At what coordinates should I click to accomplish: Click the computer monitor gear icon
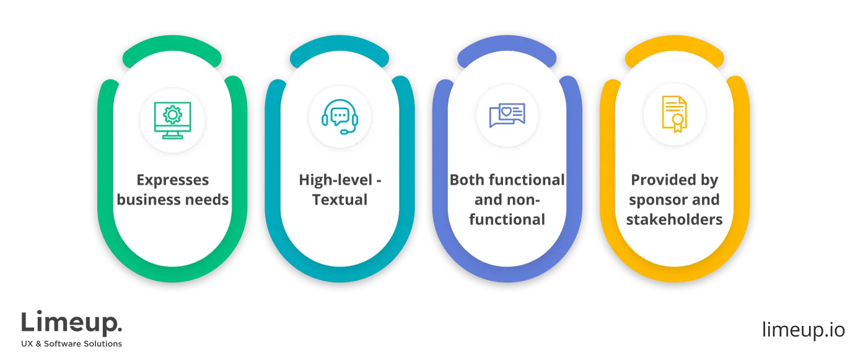[x=173, y=120]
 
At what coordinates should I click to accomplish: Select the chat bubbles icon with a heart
[x=507, y=115]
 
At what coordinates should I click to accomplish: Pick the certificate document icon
[x=674, y=114]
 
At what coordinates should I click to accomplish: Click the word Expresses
[x=173, y=180]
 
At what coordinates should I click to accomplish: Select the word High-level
[x=333, y=180]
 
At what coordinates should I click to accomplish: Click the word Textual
[x=340, y=200]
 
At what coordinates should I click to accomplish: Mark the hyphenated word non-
[x=525, y=200]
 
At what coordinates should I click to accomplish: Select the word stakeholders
[x=674, y=220]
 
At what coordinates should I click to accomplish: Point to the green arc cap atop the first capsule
[x=173, y=55]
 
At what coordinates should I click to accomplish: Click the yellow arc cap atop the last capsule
[x=674, y=55]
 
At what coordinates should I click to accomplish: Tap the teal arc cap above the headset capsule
[x=340, y=55]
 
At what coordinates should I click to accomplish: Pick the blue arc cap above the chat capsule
[x=507, y=55]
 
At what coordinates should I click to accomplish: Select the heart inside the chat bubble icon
[x=506, y=112]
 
